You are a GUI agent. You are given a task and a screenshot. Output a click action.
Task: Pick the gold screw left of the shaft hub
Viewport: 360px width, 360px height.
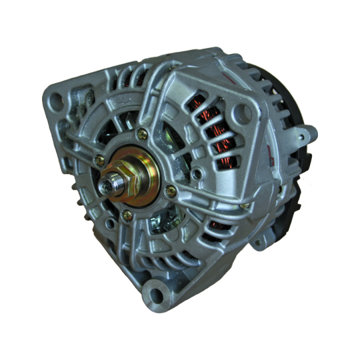[x=100, y=160]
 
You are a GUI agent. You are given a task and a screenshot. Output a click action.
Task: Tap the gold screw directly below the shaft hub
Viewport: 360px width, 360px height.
[x=127, y=215]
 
